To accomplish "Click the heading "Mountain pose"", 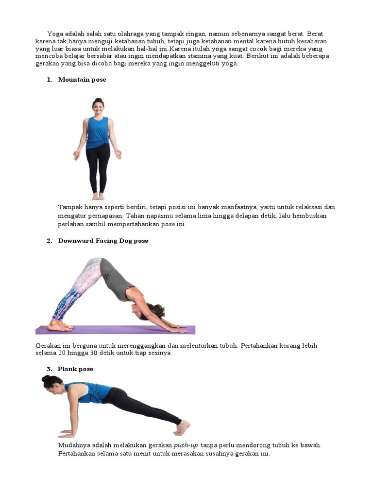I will [x=82, y=80].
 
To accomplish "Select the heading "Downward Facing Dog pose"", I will [x=103, y=241].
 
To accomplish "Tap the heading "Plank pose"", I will [x=75, y=369].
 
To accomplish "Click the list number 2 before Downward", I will [x=49, y=241].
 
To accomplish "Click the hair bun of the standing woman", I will [x=98, y=100].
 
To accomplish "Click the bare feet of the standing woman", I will [x=98, y=196].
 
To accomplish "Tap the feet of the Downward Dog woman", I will [x=59, y=325].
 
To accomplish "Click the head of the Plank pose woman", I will [x=52, y=383].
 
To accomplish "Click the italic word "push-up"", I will [x=186, y=445].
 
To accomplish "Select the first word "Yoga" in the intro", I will [x=55, y=34].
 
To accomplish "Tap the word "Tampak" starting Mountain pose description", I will [x=69, y=207].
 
